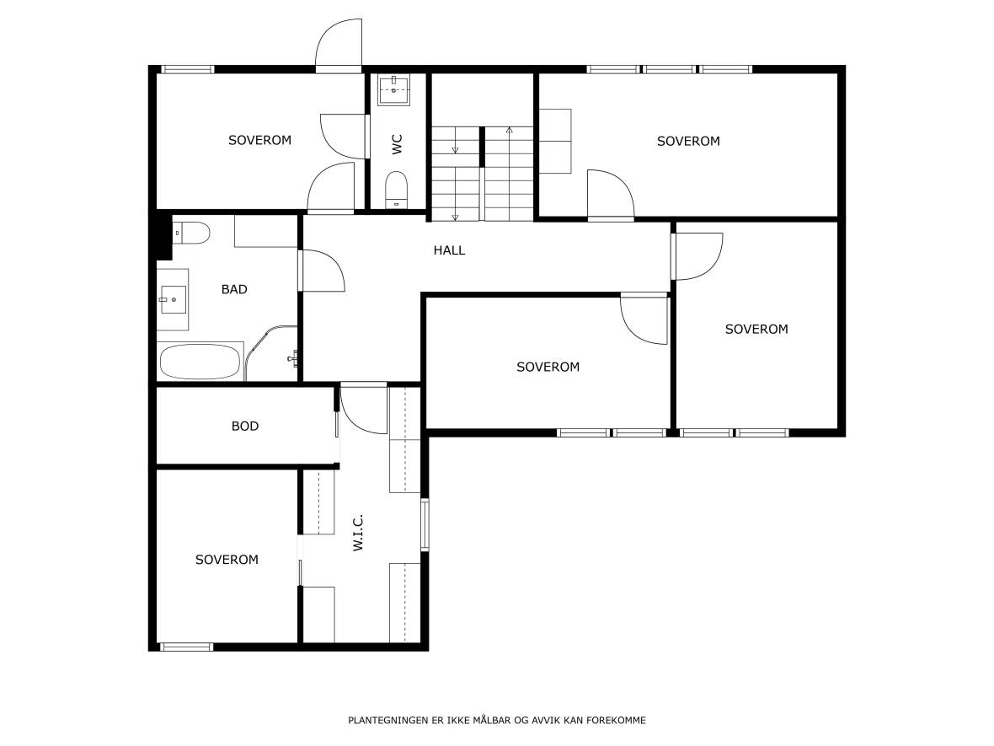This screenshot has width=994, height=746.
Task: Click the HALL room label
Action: coord(449,250)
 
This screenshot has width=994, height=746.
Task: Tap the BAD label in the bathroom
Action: coord(234,289)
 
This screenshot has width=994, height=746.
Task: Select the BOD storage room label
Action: coord(244,427)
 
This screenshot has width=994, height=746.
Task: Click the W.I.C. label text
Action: coord(358,533)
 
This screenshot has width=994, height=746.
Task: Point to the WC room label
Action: coord(397,144)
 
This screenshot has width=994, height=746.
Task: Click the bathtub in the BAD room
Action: coord(200,362)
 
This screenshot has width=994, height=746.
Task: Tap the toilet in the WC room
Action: coord(397,189)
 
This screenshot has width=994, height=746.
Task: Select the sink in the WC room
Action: coord(394,90)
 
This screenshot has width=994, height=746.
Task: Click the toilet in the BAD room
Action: coord(191,233)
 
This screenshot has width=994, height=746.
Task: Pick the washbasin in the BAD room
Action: coord(173,299)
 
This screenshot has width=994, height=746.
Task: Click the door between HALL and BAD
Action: coord(322,271)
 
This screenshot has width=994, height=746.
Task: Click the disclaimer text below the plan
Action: coord(497,720)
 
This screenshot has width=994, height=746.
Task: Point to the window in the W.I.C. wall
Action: coord(425,524)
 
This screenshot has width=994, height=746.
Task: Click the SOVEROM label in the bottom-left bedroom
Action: coord(227,560)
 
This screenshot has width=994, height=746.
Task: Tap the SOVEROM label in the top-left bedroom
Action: coord(260,140)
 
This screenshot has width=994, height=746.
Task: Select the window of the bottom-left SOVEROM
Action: coord(185,647)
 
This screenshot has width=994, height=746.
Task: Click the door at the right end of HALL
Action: coord(697,256)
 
